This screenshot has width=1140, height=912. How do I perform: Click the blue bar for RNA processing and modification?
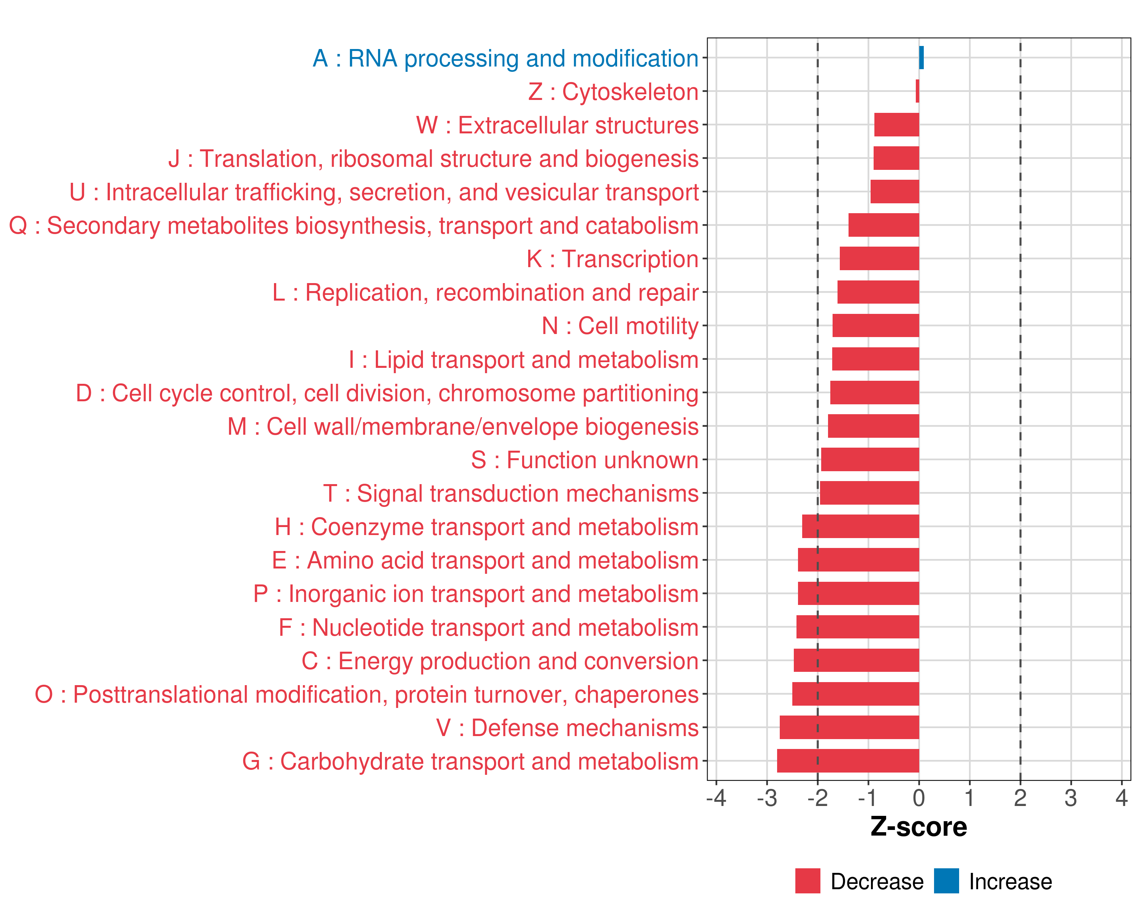921,58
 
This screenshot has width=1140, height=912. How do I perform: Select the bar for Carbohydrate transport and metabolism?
848,761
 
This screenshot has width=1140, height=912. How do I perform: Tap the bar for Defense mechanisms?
849,727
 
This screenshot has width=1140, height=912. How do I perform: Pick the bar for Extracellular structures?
897,125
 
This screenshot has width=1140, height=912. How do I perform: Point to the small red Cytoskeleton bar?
917,91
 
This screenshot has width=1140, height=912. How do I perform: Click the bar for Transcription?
879,258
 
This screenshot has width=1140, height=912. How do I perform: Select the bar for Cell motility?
876,326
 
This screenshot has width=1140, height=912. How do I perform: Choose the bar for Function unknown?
870,459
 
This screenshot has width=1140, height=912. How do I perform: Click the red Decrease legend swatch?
807,881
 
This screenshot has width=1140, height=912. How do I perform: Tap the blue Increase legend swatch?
946,881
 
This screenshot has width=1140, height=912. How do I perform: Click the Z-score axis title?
918,826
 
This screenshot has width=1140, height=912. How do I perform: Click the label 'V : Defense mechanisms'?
567,727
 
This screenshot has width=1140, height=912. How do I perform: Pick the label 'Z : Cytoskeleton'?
613,92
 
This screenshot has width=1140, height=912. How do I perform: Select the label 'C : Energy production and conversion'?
500,661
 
